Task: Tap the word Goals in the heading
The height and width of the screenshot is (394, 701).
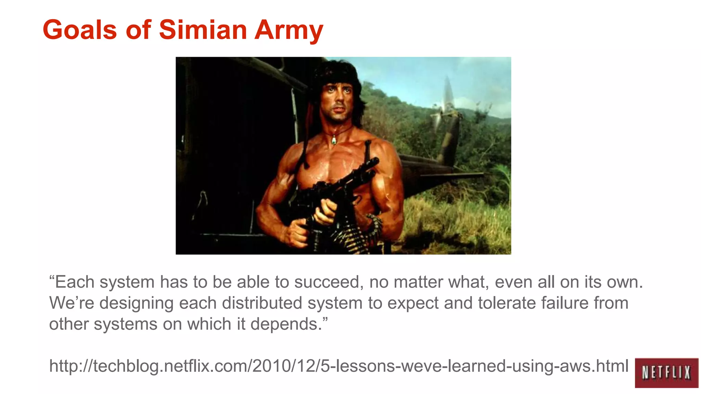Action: tap(80, 30)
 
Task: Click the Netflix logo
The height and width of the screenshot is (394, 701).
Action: tap(666, 372)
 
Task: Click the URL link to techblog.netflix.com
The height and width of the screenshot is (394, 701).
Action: tap(339, 366)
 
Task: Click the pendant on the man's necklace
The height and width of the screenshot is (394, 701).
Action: tap(333, 139)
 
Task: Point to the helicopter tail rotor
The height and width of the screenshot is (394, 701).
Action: tap(447, 103)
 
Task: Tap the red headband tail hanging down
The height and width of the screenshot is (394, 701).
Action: tap(310, 120)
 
